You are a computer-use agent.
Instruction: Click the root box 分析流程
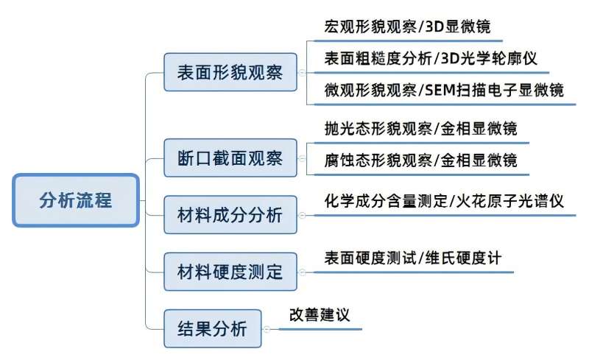[x=76, y=200]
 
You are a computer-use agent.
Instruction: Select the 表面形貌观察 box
[x=230, y=72]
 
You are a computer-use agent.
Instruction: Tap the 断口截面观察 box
[x=230, y=158]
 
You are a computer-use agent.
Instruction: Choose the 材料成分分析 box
[x=230, y=215]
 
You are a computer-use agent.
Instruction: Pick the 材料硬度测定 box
[x=230, y=272]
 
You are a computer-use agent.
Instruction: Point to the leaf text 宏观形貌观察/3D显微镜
[x=407, y=27]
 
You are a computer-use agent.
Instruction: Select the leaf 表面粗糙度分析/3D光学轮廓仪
[x=431, y=59]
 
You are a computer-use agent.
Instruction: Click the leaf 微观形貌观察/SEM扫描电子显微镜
[x=444, y=91]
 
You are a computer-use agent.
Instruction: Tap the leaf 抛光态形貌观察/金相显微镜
[x=420, y=128]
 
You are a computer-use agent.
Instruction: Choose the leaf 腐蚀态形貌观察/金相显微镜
[x=420, y=160]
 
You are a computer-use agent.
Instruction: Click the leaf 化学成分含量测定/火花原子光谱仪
[x=444, y=201]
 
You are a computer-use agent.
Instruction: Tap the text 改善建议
[x=319, y=315]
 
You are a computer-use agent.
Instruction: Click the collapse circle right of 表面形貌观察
[x=301, y=72]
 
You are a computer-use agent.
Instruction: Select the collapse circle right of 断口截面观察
[x=301, y=158]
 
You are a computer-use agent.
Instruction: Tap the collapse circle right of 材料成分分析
[x=301, y=215]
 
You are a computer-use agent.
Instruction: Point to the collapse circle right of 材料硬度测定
[x=301, y=272]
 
